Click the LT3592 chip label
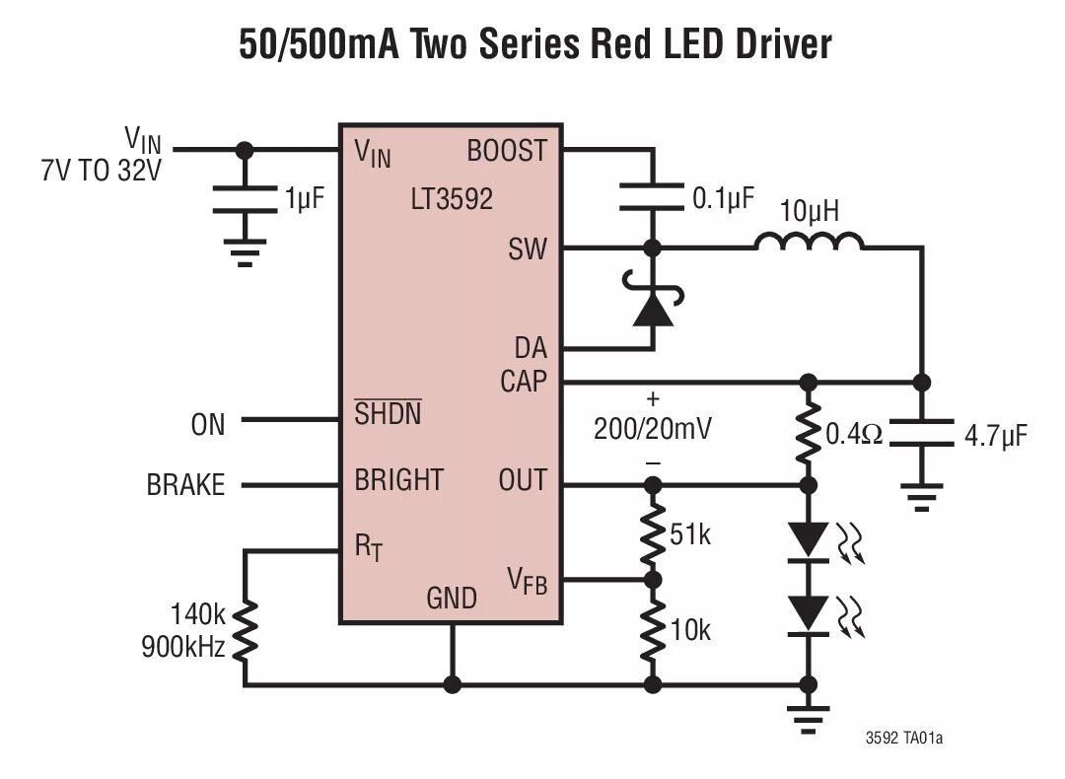[x=452, y=200]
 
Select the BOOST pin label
[x=506, y=151]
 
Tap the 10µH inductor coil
[x=810, y=242]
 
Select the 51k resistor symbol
[x=652, y=533]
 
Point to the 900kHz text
[x=185, y=648]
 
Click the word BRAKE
[x=185, y=485]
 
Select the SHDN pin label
[x=388, y=414]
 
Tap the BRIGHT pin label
[x=399, y=480]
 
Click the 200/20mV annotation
[x=653, y=430]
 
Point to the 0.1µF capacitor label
[x=723, y=198]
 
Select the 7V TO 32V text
[x=99, y=171]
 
